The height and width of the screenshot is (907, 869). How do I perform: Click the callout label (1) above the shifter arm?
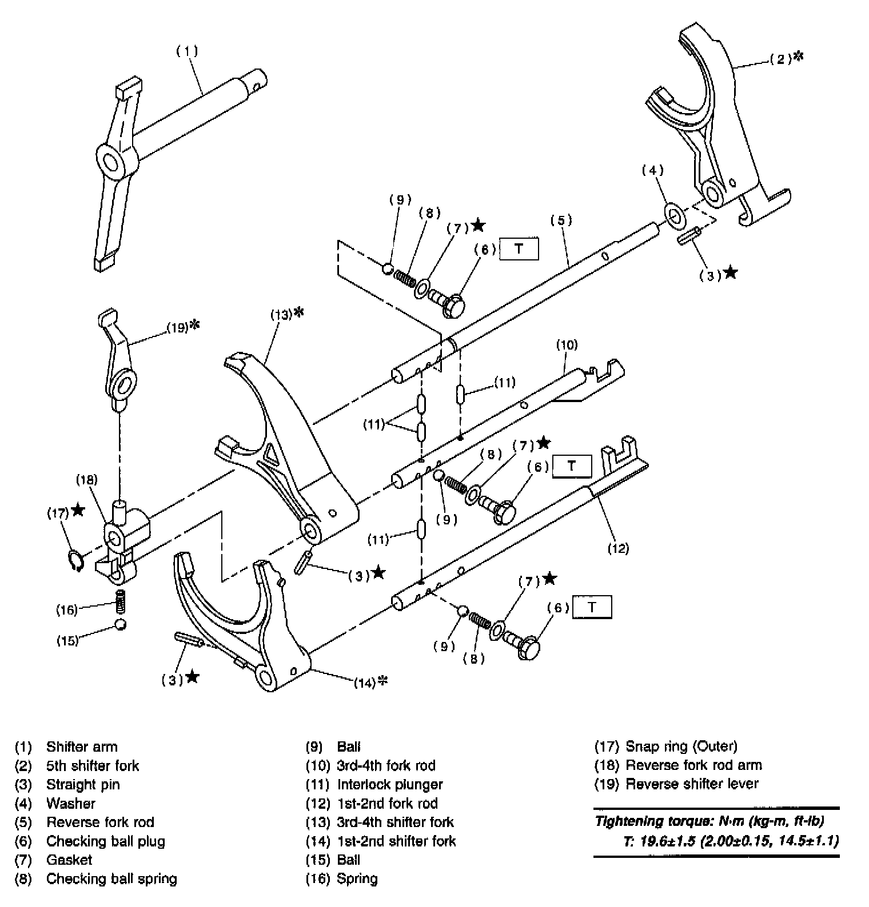tap(186, 51)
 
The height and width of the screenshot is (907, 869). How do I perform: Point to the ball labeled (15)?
tap(120, 624)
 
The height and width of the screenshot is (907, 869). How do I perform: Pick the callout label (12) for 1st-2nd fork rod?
tap(618, 548)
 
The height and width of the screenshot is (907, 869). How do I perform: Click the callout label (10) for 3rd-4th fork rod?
tap(567, 344)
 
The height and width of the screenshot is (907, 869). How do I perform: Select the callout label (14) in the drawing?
tap(365, 682)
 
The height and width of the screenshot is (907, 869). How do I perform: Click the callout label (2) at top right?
tap(781, 58)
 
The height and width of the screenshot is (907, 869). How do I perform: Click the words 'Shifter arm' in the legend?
tap(81, 747)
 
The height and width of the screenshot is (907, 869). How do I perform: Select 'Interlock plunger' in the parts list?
tap(389, 784)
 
